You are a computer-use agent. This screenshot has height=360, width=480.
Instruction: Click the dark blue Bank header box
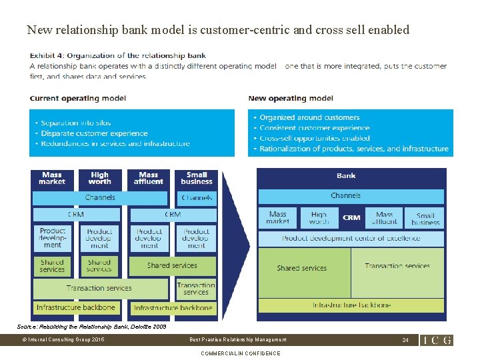[347, 176]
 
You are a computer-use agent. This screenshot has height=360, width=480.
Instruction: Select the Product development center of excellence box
[351, 238]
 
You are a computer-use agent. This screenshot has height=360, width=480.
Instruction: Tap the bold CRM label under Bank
[351, 217]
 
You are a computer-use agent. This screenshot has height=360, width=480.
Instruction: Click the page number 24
[405, 340]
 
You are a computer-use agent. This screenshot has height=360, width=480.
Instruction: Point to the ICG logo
[437, 340]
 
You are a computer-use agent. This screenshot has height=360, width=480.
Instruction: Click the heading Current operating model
[78, 98]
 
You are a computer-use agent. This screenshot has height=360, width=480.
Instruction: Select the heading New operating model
[291, 98]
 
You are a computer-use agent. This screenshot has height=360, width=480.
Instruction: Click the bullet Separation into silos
[76, 123]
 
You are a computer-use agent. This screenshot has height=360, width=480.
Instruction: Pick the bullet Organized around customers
[309, 117]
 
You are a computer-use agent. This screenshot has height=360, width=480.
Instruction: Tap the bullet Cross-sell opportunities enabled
[315, 138]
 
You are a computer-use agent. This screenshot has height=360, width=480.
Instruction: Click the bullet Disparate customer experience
[94, 133]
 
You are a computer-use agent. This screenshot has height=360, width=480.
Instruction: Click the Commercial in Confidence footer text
[241, 353]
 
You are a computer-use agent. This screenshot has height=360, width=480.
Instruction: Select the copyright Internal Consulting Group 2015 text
[63, 340]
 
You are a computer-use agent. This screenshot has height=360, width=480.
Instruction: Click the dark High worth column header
[99, 178]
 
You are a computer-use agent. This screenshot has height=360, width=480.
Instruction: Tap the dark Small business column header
[197, 178]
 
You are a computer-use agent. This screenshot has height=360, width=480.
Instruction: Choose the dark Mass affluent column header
[148, 178]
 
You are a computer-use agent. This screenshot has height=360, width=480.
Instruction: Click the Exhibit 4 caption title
[118, 56]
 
